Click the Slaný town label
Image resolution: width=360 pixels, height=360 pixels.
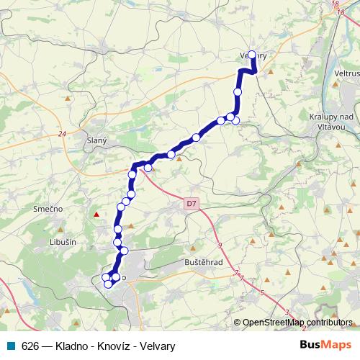coord(96,141)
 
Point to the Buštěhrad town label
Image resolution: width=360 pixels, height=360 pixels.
coord(203,262)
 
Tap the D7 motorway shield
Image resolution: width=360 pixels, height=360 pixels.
coord(190,204)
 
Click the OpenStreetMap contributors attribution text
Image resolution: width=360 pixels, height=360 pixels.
coord(297,322)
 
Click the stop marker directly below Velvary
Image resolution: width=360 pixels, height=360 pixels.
coord(238,91)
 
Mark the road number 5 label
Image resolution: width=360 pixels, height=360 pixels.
coord(263,293)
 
